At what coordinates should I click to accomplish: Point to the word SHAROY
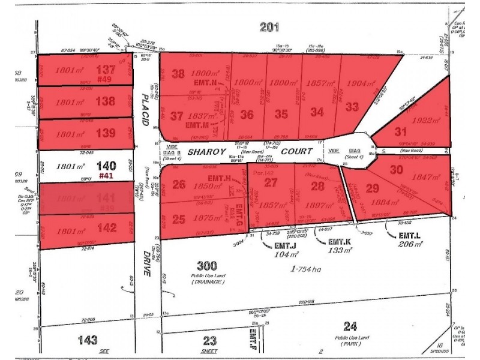205,152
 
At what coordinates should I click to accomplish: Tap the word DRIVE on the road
147,264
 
